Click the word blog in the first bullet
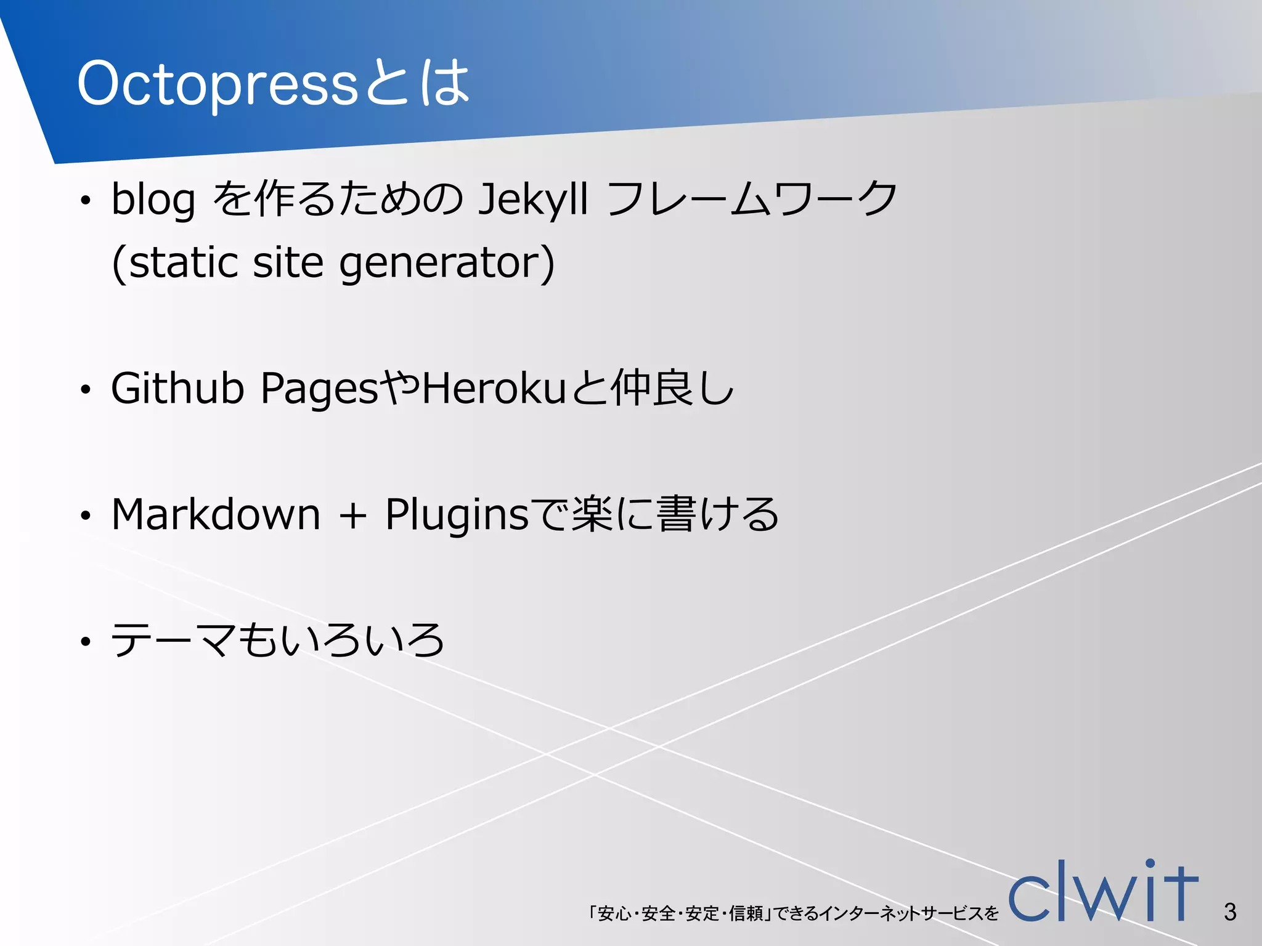(153, 200)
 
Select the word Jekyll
(533, 200)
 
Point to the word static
(182, 263)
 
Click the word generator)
(447, 264)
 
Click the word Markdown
(216, 514)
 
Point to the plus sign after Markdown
(353, 515)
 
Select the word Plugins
(457, 515)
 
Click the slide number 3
(1230, 912)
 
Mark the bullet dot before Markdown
(86, 515)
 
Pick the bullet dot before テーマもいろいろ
(86, 642)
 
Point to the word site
(288, 263)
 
